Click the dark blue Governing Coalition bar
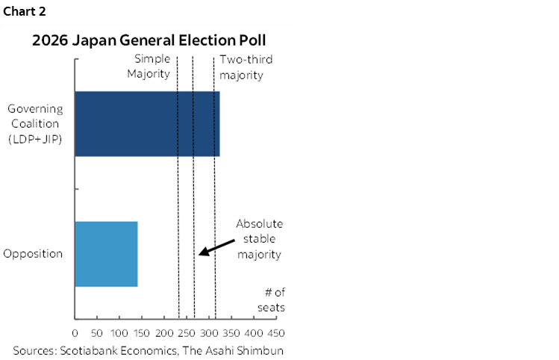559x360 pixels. click(x=147, y=124)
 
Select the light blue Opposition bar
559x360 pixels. click(x=106, y=254)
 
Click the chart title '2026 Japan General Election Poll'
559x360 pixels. click(x=149, y=40)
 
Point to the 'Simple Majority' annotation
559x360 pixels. click(x=152, y=66)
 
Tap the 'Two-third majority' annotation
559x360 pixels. click(x=242, y=66)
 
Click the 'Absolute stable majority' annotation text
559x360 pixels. click(x=259, y=239)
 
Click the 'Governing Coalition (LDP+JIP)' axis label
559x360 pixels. click(x=35, y=124)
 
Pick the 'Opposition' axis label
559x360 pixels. click(x=33, y=254)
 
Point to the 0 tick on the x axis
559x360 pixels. click(x=75, y=332)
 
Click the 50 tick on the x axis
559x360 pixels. click(x=97, y=332)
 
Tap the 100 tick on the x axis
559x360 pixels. click(x=119, y=332)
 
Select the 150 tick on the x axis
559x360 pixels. click(x=142, y=332)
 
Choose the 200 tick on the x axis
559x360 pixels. click(x=165, y=332)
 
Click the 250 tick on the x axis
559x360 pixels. click(x=187, y=332)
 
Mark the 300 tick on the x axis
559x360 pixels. click(x=210, y=332)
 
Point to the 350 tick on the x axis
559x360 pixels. click(x=232, y=332)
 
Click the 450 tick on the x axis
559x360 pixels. click(x=277, y=332)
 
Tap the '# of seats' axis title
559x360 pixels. click(x=272, y=300)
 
